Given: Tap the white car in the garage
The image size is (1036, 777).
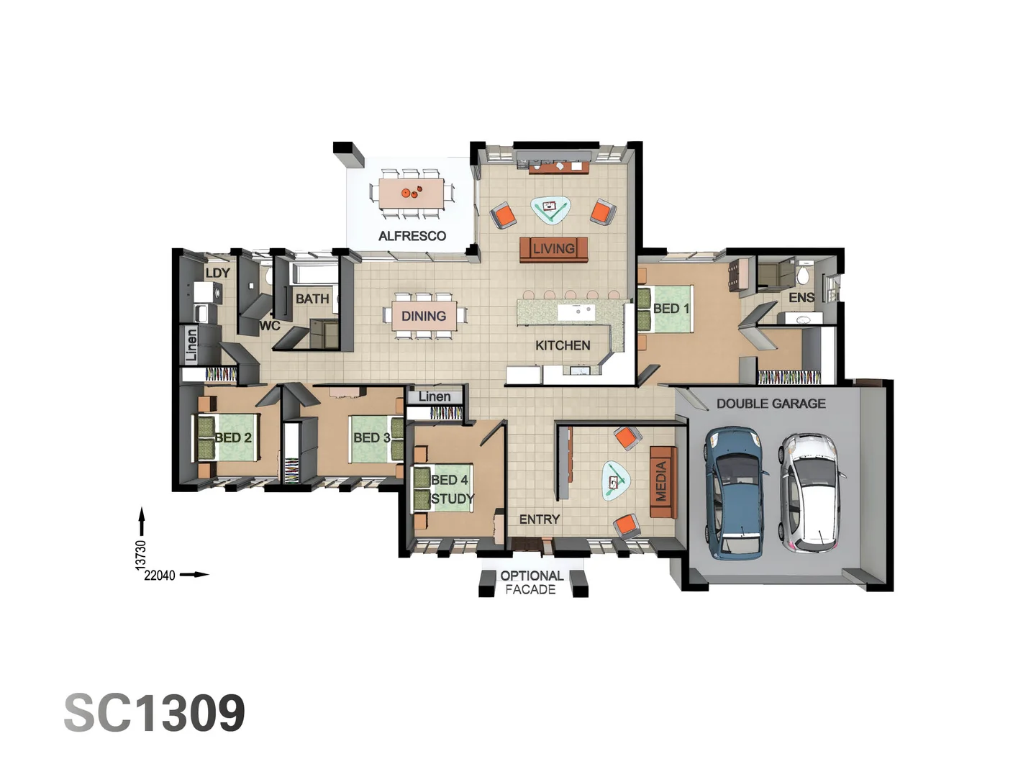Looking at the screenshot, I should tap(811, 491).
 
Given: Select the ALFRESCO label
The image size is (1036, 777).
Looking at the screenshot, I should tap(412, 236).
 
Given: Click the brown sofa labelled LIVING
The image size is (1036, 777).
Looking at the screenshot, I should tap(553, 249).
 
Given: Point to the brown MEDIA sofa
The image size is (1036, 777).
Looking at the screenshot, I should tap(663, 481).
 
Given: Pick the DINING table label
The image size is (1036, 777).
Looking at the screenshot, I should tap(424, 316).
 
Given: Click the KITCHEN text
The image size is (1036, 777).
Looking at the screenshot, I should tap(563, 345).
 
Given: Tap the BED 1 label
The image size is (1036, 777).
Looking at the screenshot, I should tap(671, 309).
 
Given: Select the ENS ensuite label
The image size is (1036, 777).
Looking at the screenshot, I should tap(801, 297).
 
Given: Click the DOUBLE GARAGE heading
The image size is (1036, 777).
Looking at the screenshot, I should tap(771, 404).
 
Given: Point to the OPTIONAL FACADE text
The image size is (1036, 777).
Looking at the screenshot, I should tap(531, 583).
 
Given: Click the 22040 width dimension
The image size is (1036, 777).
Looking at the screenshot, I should tap(160, 576).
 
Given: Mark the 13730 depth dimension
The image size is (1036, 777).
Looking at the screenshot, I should tap(141, 555).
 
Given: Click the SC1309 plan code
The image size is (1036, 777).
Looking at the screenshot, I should tap(155, 713).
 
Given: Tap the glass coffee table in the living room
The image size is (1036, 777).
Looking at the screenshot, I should tap(550, 209).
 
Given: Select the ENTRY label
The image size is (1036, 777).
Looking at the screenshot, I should tap(539, 519).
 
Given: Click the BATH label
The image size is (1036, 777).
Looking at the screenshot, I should tap(312, 299).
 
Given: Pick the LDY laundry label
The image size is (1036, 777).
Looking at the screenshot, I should tap(217, 273).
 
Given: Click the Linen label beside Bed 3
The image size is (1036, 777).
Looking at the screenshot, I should tap(435, 396).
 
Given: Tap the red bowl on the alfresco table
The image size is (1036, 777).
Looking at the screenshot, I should tap(406, 194).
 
